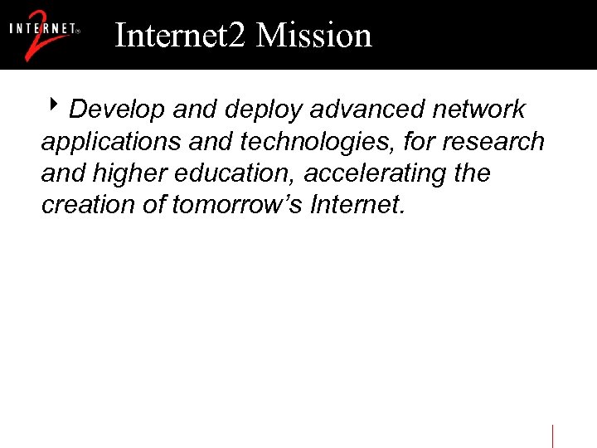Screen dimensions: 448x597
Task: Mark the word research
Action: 493,142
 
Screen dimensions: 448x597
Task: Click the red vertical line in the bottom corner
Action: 552,436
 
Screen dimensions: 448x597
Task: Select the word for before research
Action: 420,142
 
